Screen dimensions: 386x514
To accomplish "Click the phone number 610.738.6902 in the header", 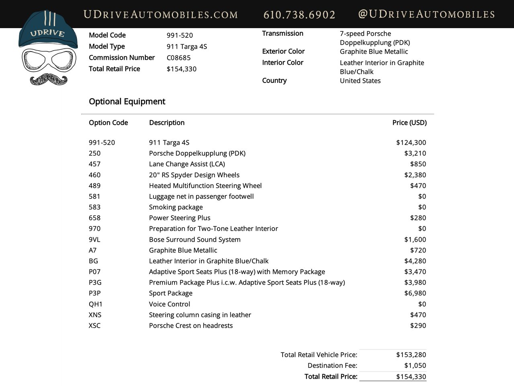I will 299,15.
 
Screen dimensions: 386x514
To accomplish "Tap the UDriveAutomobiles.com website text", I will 161,15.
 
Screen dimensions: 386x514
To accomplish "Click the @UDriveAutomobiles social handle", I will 426,14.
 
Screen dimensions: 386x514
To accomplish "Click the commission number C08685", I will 179,57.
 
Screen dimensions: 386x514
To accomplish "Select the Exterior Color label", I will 283,51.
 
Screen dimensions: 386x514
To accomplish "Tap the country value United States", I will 360,80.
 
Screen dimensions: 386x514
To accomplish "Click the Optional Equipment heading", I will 127,101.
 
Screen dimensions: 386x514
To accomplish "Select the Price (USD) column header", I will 409,123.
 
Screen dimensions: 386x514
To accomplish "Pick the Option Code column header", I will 108,123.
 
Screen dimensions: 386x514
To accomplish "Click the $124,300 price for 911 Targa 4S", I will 411,142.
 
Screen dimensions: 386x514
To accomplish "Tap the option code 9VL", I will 94,240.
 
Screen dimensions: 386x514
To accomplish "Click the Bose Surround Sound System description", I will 195,240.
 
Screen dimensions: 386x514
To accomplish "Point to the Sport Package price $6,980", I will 415,294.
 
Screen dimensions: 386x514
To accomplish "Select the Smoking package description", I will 176,207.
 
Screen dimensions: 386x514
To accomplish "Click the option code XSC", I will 95,326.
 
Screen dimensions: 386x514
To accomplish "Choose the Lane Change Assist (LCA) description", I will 187,164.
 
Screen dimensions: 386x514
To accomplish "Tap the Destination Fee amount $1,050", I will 415,365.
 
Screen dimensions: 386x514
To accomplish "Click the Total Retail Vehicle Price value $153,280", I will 411,355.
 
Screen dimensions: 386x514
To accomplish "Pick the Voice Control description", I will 169,304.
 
